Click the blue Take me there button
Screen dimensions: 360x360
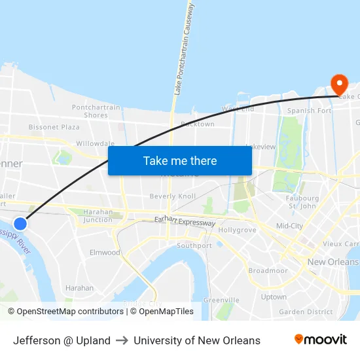[x=180, y=160]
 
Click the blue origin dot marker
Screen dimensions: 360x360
[x=20, y=223]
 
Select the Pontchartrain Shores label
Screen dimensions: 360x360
[x=96, y=111]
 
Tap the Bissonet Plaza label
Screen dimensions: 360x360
[x=54, y=127]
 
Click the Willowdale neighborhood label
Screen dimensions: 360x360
[x=95, y=143]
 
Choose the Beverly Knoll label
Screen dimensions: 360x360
[x=172, y=196]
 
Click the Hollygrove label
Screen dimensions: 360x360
[x=236, y=230]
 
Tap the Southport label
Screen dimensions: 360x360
[x=194, y=245]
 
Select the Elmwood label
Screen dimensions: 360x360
[x=105, y=252]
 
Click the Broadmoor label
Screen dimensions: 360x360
[x=268, y=270]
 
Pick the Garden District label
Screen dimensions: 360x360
[x=306, y=312]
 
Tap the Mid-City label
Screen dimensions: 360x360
[x=289, y=226]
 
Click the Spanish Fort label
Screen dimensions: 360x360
[x=310, y=111]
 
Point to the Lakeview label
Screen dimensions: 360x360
[x=261, y=147]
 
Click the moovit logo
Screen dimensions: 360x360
[x=320, y=340]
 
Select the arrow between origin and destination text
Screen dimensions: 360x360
[x=122, y=340]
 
